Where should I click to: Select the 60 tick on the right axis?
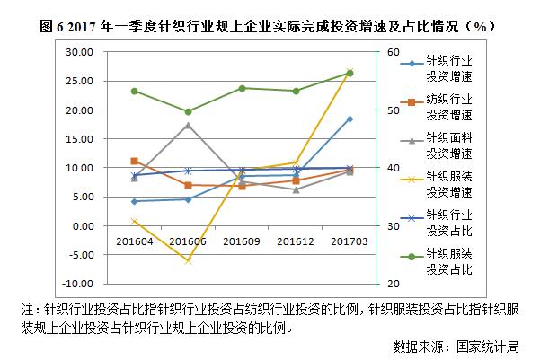point(394,52)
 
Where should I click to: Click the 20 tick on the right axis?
point(394,283)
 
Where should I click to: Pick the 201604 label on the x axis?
point(134,241)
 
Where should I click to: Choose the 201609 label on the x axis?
point(242,241)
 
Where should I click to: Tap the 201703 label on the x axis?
point(350,241)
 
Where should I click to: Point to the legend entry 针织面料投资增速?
point(448,146)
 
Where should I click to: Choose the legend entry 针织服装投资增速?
point(448,184)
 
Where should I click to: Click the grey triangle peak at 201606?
point(188,125)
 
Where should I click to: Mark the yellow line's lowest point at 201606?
point(188,260)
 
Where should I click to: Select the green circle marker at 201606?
point(188,111)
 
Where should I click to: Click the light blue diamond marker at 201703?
point(350,119)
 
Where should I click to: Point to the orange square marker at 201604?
point(134,161)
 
